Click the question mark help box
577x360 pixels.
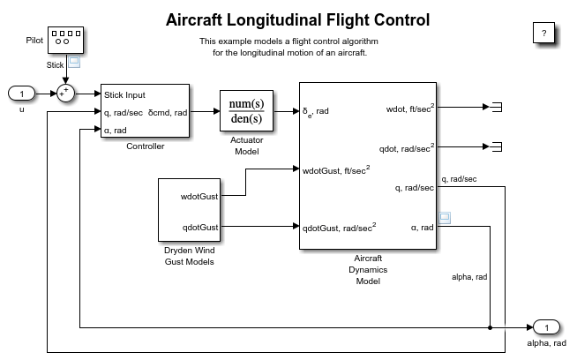point(544,33)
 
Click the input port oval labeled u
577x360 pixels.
point(21,94)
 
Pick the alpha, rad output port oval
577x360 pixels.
point(546,328)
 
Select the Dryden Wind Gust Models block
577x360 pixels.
point(189,209)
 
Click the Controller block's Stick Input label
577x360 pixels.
point(124,94)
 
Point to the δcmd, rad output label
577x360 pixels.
point(168,112)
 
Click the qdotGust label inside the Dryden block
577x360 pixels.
point(200,227)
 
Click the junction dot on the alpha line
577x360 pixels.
point(490,327)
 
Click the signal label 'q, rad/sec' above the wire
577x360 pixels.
point(459,178)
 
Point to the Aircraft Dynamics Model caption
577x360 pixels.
point(367,270)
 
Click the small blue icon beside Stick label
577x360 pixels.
point(75,63)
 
